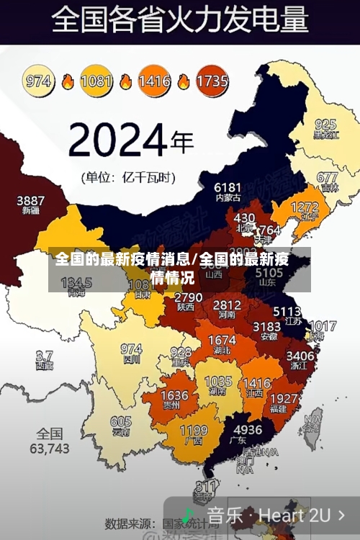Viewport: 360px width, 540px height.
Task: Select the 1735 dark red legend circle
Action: pos(212,81)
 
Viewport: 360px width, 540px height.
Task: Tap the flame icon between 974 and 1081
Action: pos(68,81)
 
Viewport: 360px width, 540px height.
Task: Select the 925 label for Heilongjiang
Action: pos(325,125)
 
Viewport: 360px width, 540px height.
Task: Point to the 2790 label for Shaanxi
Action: pos(189,297)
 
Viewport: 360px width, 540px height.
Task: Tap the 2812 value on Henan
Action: pos(227,305)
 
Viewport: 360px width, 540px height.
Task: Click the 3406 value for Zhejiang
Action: pos(300,356)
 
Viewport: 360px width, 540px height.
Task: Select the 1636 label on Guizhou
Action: pos(174,396)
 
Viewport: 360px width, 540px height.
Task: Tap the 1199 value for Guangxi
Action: pos(193,431)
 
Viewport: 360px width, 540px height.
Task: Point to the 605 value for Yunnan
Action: pos(121,423)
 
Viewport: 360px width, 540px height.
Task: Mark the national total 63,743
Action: pos(49,448)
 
